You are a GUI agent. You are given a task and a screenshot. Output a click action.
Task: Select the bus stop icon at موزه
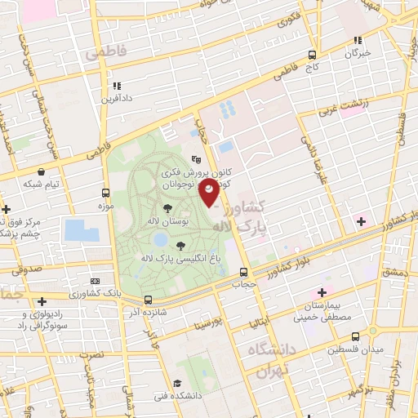(105, 193)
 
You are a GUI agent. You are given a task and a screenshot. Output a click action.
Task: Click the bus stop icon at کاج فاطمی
(312, 55)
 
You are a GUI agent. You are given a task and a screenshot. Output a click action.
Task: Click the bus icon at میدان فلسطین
(354, 336)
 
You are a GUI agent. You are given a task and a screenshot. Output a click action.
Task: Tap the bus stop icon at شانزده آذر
(148, 300)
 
